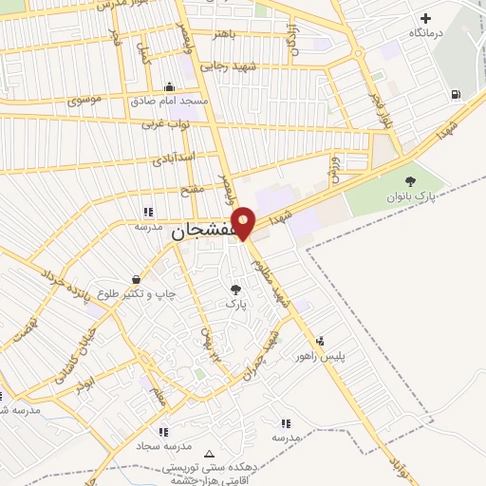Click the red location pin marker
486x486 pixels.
(244, 223)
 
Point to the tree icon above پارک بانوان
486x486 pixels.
(410, 181)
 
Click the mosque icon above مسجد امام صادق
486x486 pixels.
(170, 86)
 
